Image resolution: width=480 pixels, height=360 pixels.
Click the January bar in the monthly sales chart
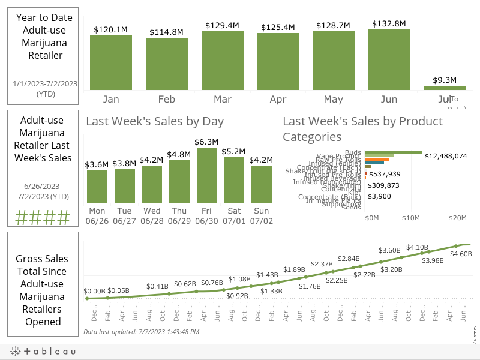[111, 62]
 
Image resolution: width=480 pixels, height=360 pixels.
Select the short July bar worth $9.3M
[445, 88]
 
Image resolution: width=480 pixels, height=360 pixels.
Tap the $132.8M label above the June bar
[389, 23]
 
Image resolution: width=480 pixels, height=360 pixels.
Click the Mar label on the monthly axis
[223, 99]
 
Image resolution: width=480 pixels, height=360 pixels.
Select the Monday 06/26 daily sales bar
[97, 187]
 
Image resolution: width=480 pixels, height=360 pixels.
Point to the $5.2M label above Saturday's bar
[233, 151]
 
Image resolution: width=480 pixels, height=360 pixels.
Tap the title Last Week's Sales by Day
[155, 121]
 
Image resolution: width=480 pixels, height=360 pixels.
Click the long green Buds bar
[393, 152]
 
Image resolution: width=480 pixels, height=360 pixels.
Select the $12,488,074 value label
[445, 156]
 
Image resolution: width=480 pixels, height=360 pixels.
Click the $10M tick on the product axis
[411, 217]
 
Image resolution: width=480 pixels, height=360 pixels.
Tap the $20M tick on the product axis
[458, 217]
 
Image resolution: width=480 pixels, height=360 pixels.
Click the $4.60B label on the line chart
[461, 254]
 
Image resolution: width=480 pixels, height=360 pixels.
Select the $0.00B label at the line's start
[94, 290]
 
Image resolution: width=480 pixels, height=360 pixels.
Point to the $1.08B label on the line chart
[239, 279]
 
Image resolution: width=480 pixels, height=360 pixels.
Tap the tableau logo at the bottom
[42, 352]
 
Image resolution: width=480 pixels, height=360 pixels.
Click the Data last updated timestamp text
[141, 332]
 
